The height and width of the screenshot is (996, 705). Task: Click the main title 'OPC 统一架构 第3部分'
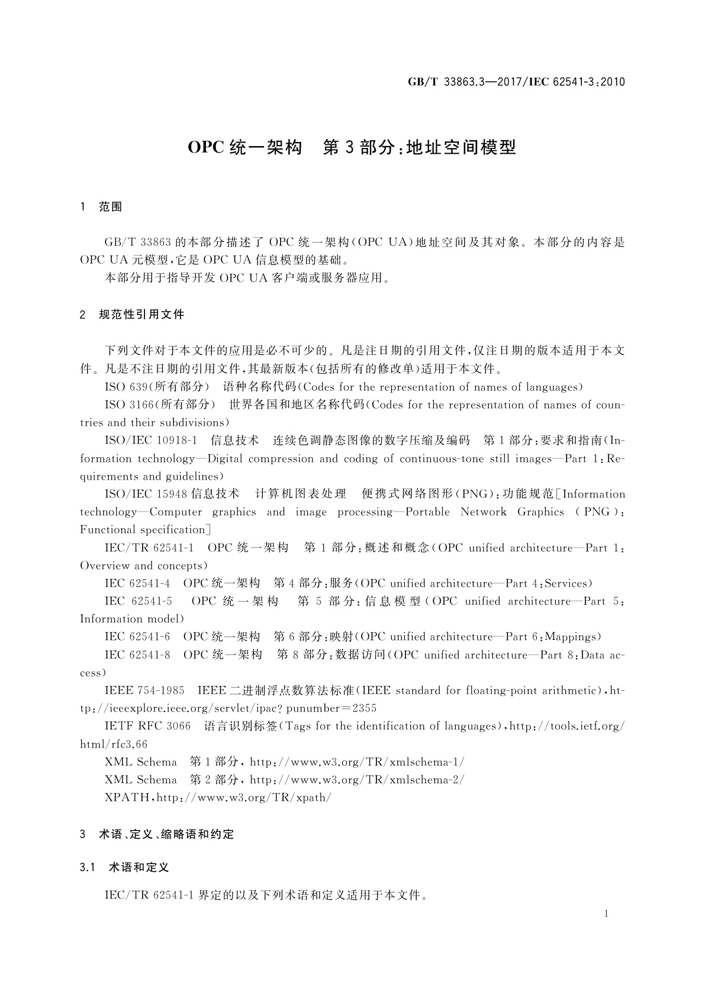click(x=352, y=147)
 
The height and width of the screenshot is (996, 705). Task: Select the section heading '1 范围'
click(x=101, y=207)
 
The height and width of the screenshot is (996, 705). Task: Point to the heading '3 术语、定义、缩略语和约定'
click(x=157, y=835)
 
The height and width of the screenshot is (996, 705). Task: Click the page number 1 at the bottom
click(x=606, y=914)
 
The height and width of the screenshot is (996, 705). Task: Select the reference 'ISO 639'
click(x=122, y=387)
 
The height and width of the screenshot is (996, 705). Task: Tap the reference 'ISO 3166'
click(x=125, y=405)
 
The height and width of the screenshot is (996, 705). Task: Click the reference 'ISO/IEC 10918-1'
click(x=150, y=441)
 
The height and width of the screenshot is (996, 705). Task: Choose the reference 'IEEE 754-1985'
click(x=144, y=690)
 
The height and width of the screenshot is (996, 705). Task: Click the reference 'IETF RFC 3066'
click(x=147, y=726)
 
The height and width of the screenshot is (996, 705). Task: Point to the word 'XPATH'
click(x=127, y=797)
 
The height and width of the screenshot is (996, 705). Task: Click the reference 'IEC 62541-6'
click(x=137, y=637)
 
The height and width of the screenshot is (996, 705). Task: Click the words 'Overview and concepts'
click(x=144, y=565)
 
